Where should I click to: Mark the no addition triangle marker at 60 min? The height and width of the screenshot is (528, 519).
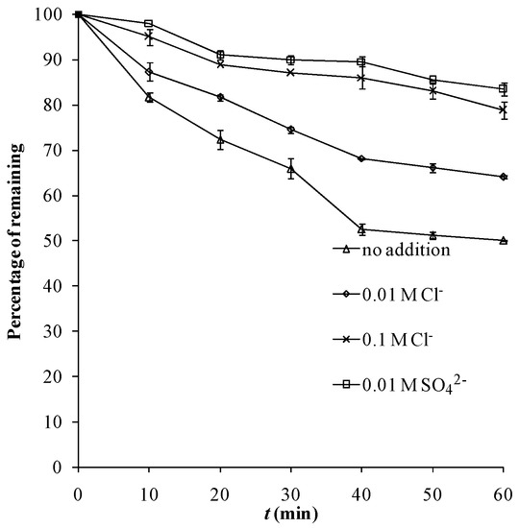504,240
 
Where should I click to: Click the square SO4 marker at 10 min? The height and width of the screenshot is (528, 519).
149,23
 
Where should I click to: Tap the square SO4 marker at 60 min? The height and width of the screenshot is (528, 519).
504,88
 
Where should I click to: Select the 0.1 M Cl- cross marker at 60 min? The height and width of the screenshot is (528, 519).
504,109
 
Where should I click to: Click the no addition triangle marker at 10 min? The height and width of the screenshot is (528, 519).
149,97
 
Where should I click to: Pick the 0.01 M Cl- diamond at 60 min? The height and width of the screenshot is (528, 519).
504,177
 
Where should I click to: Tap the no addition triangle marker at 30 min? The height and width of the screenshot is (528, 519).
290,168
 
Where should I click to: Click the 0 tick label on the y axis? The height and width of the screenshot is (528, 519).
63,467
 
